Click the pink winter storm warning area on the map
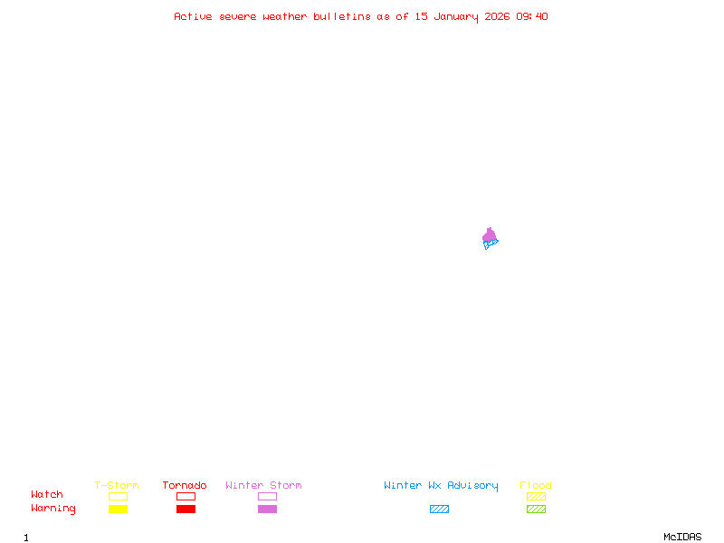490,235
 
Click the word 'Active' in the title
193,16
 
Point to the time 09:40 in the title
532,16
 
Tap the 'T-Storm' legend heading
117,486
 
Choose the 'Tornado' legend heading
185,486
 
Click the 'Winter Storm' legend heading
263,486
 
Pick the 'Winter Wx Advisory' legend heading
441,486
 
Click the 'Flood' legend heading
536,486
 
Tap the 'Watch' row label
47,495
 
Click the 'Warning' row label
53,509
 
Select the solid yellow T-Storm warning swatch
118,510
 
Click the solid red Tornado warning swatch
186,510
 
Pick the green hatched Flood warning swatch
536,510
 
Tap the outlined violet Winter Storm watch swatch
267,497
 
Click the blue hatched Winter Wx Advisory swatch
439,510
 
